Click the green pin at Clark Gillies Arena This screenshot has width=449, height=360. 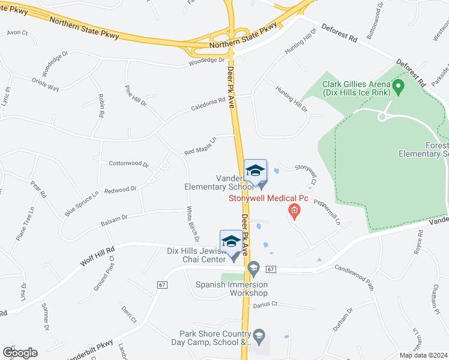coord(397,88)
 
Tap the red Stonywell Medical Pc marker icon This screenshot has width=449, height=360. coord(294,209)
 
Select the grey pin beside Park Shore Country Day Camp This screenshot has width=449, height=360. coord(259,334)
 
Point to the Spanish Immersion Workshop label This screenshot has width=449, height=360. coord(232,289)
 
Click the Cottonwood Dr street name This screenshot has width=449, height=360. coord(128,163)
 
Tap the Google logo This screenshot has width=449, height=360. coord(20,352)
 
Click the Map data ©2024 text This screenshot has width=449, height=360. coord(423,355)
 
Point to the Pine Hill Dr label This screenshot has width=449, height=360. coord(135,95)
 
